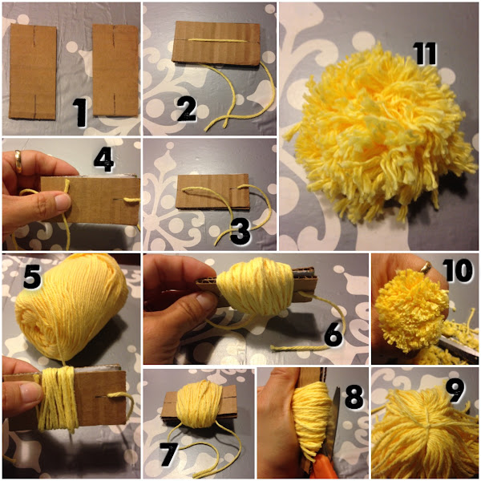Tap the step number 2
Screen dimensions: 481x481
186,109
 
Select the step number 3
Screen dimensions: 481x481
240,232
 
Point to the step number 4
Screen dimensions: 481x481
103,160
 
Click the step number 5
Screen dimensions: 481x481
32,277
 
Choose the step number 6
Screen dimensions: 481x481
333,335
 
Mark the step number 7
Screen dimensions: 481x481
168,455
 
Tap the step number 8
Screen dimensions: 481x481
354,397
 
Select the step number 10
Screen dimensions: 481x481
458,270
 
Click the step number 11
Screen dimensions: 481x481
425,54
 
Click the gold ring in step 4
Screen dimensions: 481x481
18,161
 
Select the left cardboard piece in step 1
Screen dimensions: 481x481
33,71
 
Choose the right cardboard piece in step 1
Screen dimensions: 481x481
115,71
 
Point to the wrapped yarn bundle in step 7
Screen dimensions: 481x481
200,403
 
